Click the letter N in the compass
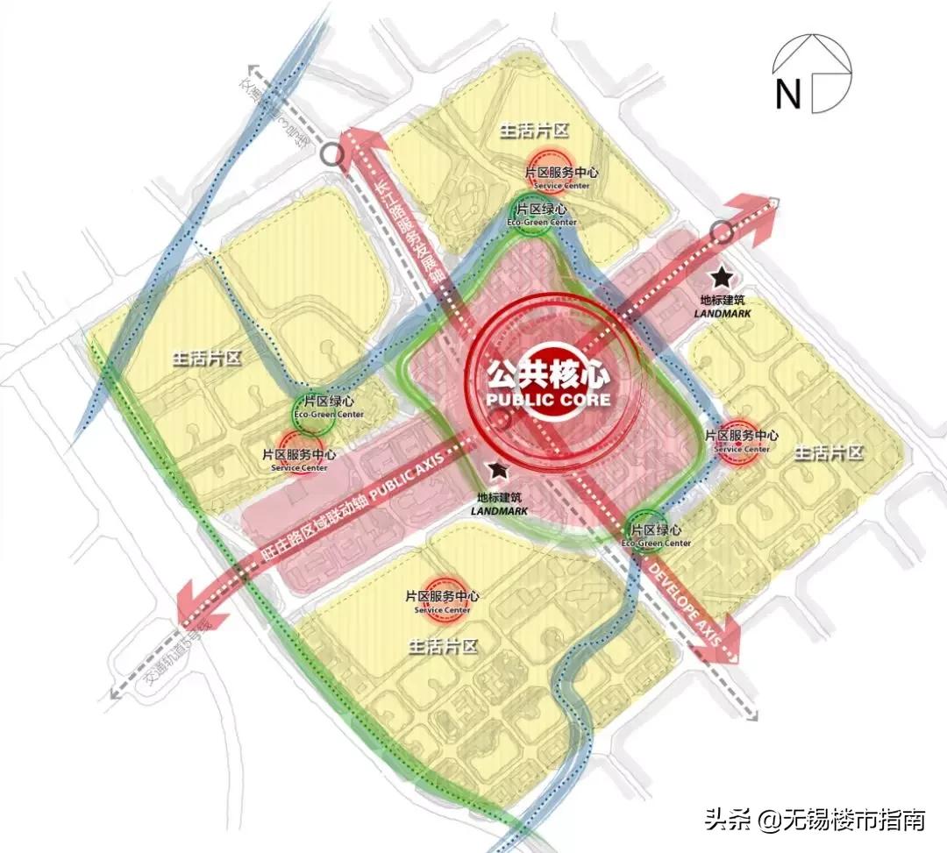tap(787, 94)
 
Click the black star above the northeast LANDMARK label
tap(721, 278)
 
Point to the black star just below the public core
tap(498, 471)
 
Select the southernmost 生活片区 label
tap(442, 647)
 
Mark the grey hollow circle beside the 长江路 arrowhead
tap(331, 156)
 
